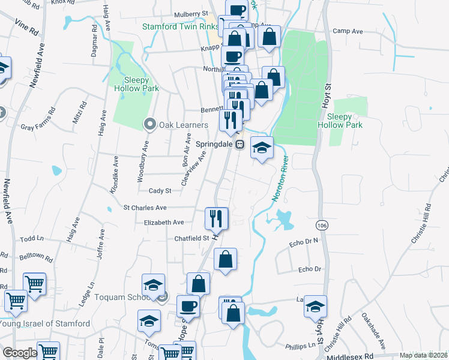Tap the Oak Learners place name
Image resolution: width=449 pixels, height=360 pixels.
click(184, 125)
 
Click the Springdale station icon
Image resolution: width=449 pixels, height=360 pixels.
click(240, 145)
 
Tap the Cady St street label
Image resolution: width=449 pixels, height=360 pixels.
click(160, 191)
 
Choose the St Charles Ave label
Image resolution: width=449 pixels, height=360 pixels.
click(145, 208)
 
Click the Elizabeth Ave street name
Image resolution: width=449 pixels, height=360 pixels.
click(164, 222)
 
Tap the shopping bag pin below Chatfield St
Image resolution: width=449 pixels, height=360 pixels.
click(225, 260)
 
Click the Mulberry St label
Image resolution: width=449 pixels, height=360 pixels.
click(190, 13)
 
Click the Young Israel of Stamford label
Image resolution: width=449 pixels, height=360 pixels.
click(46, 324)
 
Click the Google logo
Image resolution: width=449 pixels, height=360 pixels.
click(20, 353)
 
